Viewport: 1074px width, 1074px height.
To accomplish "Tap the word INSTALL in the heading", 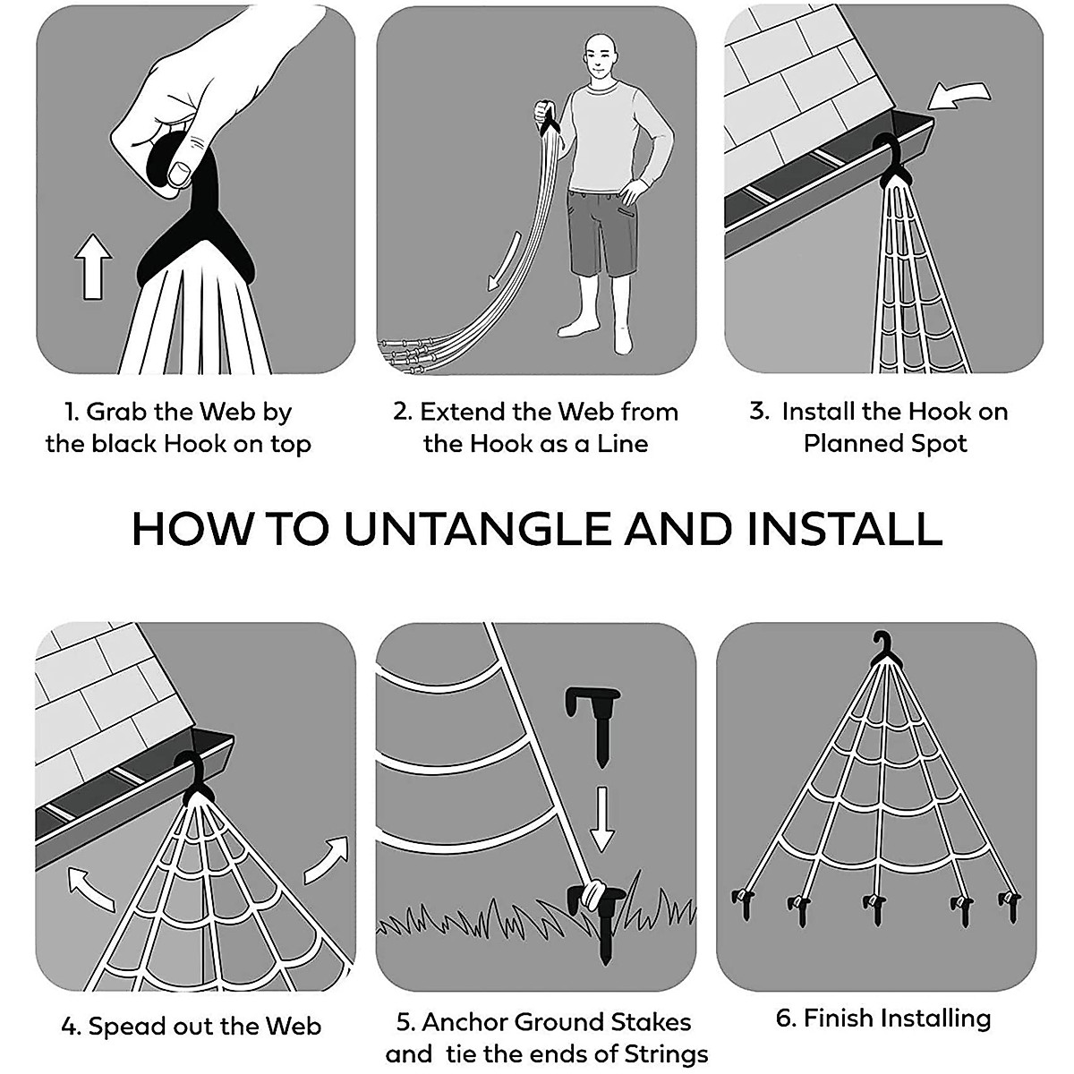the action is tap(844, 529).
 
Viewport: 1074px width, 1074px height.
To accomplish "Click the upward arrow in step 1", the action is tap(93, 267).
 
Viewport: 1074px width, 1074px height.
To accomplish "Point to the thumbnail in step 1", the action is tap(180, 174).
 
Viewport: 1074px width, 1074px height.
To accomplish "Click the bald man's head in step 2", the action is tap(601, 58).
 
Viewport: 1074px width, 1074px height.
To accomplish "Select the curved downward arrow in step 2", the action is tap(505, 260).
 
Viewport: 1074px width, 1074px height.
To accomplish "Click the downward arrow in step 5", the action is tap(601, 819).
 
